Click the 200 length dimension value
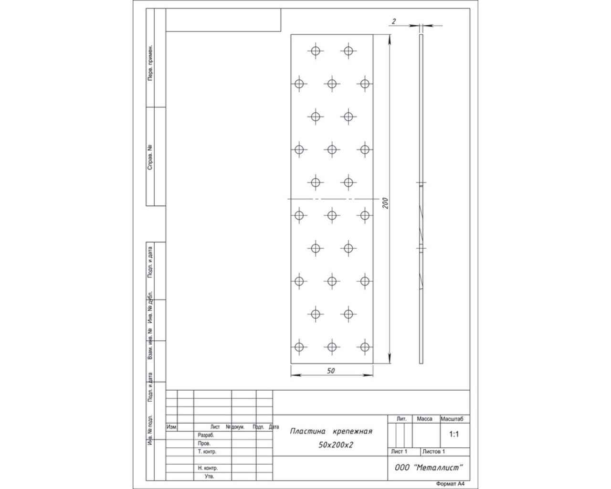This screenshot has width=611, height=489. (385, 203)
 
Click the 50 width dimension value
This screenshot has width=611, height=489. (331, 371)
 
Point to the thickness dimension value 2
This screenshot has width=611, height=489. (394, 21)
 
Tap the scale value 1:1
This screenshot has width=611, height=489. (454, 434)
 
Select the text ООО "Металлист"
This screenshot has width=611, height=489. (429, 468)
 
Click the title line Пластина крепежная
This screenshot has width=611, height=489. (331, 431)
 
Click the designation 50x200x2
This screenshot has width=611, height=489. (336, 445)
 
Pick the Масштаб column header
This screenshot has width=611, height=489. (452, 419)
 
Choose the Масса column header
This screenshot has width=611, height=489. (424, 419)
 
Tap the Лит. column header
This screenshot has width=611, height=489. (401, 419)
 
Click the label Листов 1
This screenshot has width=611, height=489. (433, 451)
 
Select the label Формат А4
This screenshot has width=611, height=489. (450, 484)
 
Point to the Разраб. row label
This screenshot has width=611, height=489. (206, 436)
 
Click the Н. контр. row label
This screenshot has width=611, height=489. (208, 468)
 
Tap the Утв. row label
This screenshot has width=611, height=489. (209, 476)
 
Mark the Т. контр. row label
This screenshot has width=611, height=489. (207, 451)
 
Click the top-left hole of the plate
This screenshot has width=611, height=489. (316, 51)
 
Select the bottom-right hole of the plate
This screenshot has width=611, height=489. (365, 347)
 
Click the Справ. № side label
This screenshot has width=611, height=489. (150, 158)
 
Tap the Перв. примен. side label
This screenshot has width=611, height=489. (150, 63)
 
